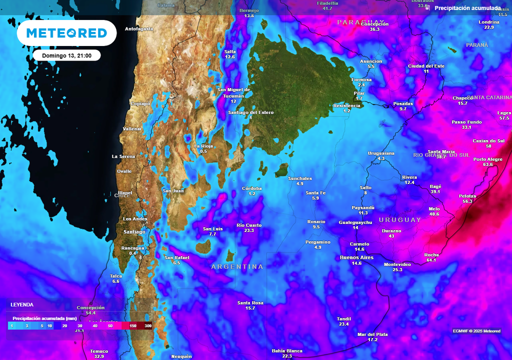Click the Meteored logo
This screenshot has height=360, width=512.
pos(66,33)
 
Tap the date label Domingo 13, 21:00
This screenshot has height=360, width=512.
pos(67,55)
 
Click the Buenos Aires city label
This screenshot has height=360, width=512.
pos(356,257)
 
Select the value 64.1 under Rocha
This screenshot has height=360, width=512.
pos(431,260)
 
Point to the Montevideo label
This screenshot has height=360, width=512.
pos(397,264)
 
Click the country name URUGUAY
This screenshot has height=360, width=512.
pos(400,220)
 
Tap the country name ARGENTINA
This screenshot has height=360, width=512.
pos(237,267)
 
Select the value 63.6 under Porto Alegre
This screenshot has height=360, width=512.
pos(488,164)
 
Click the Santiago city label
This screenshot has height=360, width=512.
pos(134,232)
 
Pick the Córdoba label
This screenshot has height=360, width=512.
pos(252,188)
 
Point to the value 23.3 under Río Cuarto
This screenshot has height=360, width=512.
pos(249,230)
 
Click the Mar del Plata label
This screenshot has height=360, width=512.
pos(372,334)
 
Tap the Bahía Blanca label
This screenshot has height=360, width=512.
pos(287,350)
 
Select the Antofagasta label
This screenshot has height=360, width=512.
pos(138,29)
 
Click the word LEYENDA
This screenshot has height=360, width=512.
pos(22,304)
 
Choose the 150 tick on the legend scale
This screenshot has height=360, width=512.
pos(133,326)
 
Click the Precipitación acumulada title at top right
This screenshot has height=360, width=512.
pos(467,8)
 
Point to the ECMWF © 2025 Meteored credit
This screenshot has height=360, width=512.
pos(476,331)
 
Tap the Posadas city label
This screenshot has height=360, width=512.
pos(403,103)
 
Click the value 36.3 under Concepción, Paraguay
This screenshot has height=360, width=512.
pos(374,29)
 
